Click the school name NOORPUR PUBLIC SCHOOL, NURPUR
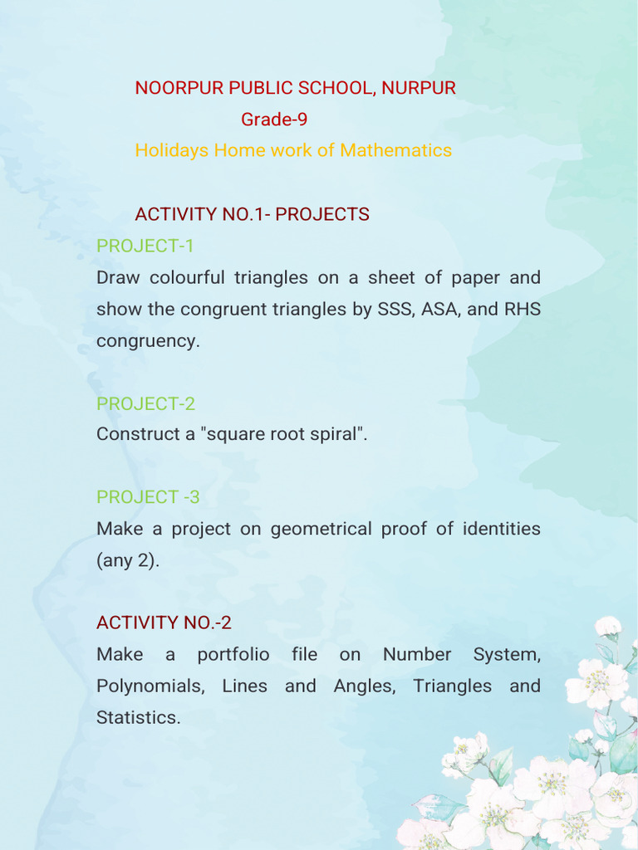pyautogui.click(x=295, y=88)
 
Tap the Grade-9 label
pyautogui.click(x=274, y=120)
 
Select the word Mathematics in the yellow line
pyautogui.click(x=395, y=150)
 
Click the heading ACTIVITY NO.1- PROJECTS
pyautogui.click(x=252, y=214)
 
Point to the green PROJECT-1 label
pyautogui.click(x=145, y=246)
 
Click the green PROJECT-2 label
pyautogui.click(x=145, y=403)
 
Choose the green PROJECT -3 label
pyautogui.click(x=148, y=497)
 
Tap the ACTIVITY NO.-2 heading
pyautogui.click(x=163, y=623)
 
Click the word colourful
pyautogui.click(x=187, y=277)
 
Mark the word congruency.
pyautogui.click(x=147, y=341)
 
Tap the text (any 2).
pyautogui.click(x=127, y=560)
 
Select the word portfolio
pyautogui.click(x=233, y=654)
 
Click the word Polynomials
pyautogui.click(x=150, y=686)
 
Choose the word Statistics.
pyautogui.click(x=137, y=718)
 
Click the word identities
pyautogui.click(x=501, y=529)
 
